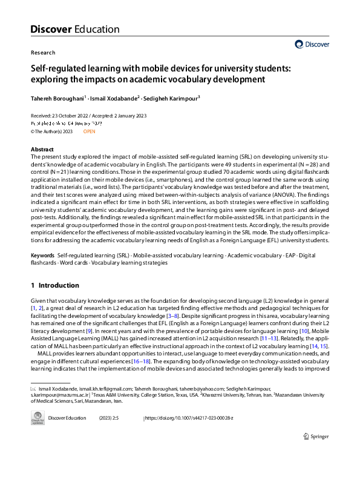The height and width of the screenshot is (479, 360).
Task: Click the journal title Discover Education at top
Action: coord(74,29)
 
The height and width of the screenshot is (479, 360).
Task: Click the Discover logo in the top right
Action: coord(312,44)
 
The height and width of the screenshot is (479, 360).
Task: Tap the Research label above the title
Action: coord(42,53)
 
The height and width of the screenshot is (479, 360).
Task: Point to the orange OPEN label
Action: coord(90,131)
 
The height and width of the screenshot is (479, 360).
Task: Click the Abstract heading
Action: coord(42,149)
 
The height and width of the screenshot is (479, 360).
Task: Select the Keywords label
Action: coord(43,256)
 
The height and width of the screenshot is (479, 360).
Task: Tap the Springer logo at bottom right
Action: coord(315,436)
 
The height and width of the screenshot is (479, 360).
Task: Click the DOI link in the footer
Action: coord(189,418)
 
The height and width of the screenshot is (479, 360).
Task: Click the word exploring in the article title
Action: coord(47,79)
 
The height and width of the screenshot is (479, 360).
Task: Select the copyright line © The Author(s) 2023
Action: coord(51,131)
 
